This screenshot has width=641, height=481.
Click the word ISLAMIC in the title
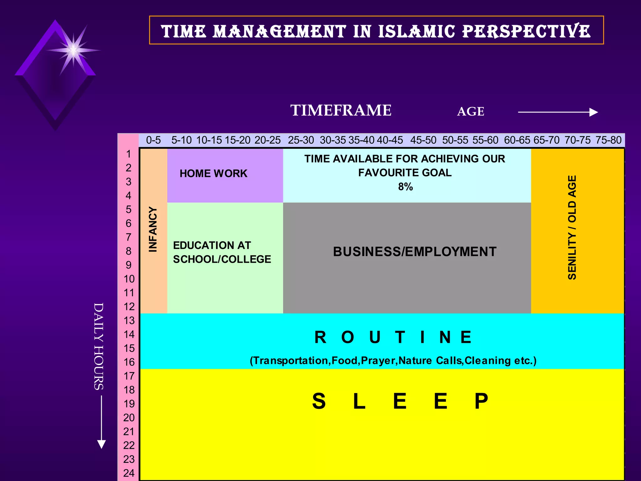pos(417,32)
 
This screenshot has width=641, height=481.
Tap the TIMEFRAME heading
pos(341,111)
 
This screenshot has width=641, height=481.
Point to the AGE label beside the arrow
pos(470,111)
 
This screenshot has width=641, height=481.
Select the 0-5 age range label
pos(153,140)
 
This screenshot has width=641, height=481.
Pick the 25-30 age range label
pos(301,140)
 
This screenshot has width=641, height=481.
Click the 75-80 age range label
pos(608,140)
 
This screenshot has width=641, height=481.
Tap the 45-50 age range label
pos(423,140)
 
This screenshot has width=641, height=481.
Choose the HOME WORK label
pos(213,173)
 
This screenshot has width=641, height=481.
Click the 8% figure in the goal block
pos(405,187)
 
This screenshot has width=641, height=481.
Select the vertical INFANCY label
pos(153,229)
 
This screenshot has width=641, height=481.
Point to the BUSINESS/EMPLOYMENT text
pos(415,252)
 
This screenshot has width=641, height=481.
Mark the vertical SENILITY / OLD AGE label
pos(572,227)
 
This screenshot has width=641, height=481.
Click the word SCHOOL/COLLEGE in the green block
pos(222,259)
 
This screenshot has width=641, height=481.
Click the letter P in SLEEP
pos(481,401)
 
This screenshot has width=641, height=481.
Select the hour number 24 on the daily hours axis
pos(129,473)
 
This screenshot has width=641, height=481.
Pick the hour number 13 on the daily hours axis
pos(129,320)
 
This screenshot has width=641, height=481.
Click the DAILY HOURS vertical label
pos(99,346)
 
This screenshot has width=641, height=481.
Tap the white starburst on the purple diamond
pos(73,50)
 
